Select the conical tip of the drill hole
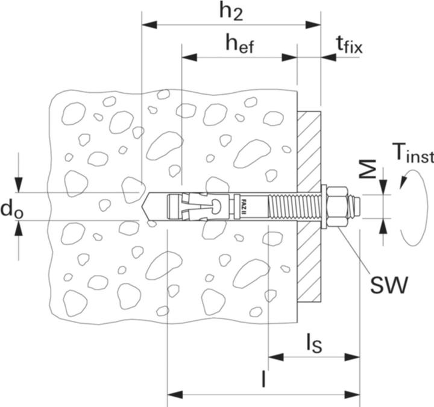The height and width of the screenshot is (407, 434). point(147,207)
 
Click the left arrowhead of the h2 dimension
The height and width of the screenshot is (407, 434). point(148,25)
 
